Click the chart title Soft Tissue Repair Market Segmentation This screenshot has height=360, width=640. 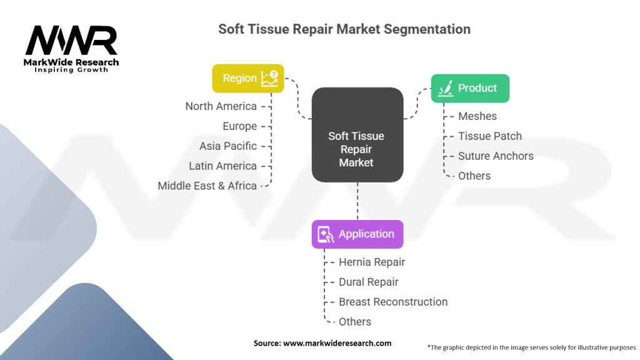(x=344, y=29)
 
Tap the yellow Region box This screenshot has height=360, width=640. (x=247, y=78)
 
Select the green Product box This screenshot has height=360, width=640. (x=470, y=88)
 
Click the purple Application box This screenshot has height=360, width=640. (x=357, y=234)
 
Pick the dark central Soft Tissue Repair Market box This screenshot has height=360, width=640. (x=357, y=135)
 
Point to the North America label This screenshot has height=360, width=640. (x=221, y=106)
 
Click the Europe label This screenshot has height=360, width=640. (x=239, y=126)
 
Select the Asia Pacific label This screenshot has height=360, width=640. (x=227, y=146)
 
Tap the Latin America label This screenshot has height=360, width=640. (x=222, y=166)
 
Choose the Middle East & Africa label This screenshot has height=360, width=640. (x=207, y=186)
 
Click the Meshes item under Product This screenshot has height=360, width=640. (x=477, y=116)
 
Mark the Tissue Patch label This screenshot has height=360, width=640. (x=489, y=136)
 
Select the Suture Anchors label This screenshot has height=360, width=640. (x=496, y=156)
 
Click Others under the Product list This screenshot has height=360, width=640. (x=474, y=176)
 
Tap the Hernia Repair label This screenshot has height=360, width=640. (x=372, y=262)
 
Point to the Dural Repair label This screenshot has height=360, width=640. (x=369, y=282)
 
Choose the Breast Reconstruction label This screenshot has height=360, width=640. (x=393, y=302)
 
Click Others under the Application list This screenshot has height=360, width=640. (x=355, y=322)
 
